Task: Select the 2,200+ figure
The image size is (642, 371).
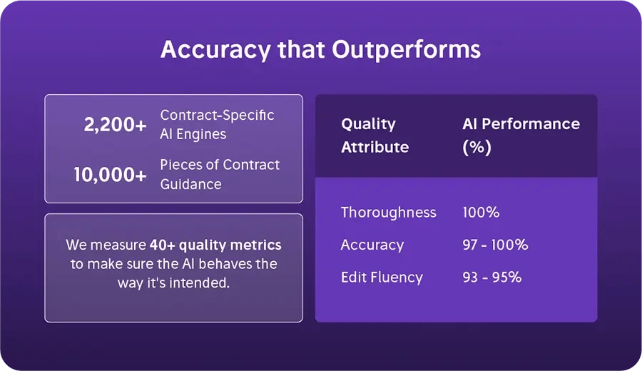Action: click(x=115, y=125)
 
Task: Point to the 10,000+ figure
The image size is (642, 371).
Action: click(x=110, y=174)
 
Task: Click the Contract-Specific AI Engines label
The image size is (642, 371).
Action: click(x=217, y=124)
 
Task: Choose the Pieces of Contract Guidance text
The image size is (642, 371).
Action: click(x=220, y=174)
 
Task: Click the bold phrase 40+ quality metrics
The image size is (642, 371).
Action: click(x=215, y=245)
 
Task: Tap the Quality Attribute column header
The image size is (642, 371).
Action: click(x=374, y=136)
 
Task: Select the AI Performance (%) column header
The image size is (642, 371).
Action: click(x=521, y=136)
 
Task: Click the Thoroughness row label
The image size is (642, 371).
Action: click(x=388, y=212)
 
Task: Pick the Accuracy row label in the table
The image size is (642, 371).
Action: click(x=372, y=245)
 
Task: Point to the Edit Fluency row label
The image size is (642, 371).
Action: click(x=382, y=277)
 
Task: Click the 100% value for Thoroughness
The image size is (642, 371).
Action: click(x=481, y=212)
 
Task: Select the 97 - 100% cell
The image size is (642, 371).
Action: click(x=495, y=245)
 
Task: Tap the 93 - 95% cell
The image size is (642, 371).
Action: click(x=491, y=277)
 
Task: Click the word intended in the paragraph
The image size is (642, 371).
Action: click(x=206, y=282)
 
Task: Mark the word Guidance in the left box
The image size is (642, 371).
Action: click(x=190, y=184)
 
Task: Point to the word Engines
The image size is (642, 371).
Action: click(x=203, y=134)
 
